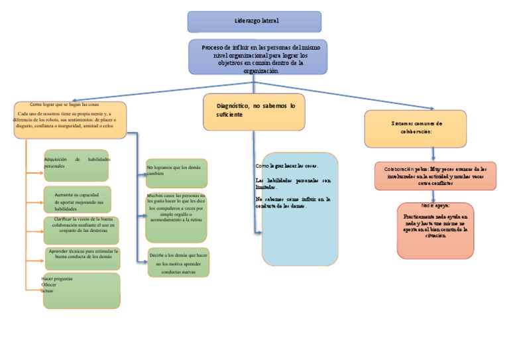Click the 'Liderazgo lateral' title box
pos(254,21)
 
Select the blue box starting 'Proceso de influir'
pos(254,57)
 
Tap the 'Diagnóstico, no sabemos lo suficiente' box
pos(254,111)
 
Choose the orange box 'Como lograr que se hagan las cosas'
pos(70,120)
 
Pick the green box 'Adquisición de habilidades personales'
pos(76,165)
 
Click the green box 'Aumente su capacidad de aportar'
pos(78,199)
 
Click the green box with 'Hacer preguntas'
pos(82,290)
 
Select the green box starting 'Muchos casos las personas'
pos(176,217)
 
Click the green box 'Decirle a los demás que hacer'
pos(178,262)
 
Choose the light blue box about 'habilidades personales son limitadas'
pos(300,209)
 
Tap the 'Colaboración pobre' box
pos(435,176)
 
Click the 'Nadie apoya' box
pos(435,230)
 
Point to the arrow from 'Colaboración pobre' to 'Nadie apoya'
pos(434,196)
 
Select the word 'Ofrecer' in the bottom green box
pos(49,285)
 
